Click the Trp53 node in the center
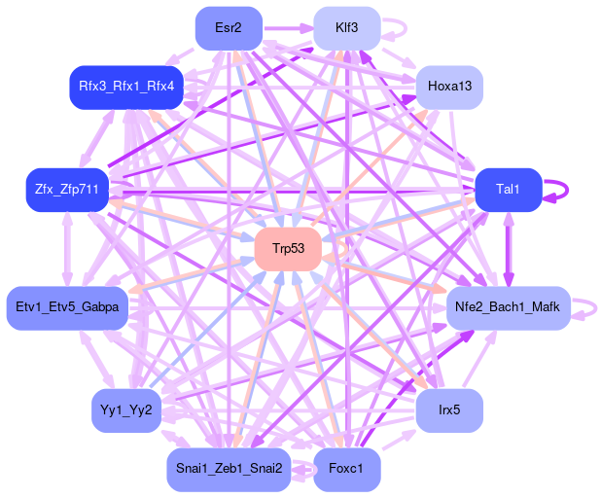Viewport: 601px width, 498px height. [288, 249]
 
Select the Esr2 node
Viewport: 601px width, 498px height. [229, 27]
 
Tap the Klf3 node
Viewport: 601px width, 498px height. [346, 27]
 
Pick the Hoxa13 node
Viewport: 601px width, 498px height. [449, 87]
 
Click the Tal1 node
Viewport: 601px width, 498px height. [508, 189]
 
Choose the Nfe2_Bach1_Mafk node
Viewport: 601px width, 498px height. [508, 307]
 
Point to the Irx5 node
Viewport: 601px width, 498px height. [449, 409]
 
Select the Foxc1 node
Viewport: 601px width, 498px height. [346, 469]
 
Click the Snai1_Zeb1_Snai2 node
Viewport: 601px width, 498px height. [229, 469]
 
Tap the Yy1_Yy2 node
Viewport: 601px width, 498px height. [125, 409]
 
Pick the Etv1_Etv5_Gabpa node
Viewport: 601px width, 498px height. [67, 307]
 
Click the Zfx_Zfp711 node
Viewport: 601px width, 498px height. [67, 189]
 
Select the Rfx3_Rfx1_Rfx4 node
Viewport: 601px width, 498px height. [125, 87]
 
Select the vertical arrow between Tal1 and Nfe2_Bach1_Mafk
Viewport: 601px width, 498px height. [508, 248]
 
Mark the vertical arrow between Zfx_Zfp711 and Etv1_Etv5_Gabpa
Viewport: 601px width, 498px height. [67, 248]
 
